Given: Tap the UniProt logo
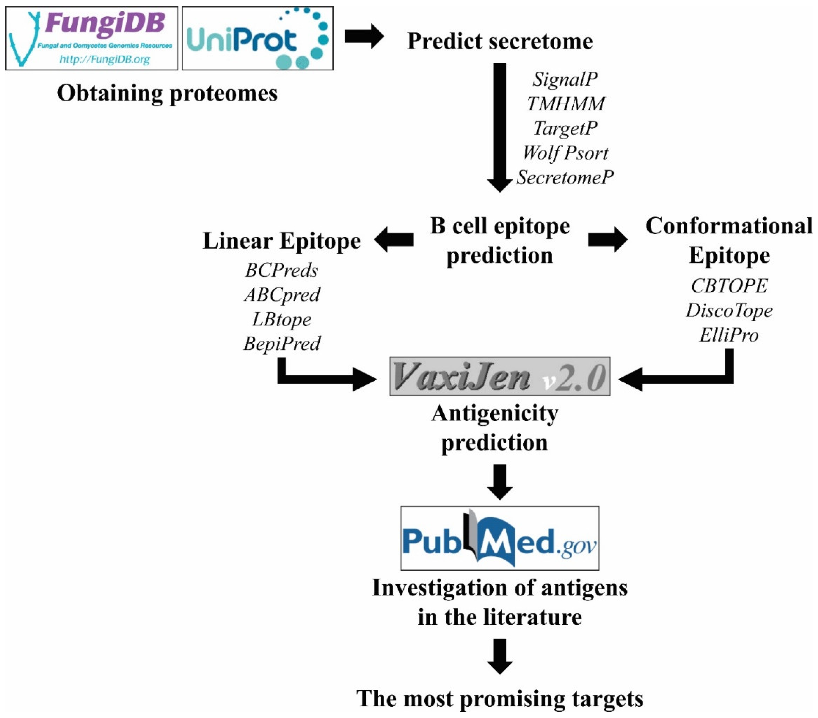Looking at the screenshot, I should [258, 39].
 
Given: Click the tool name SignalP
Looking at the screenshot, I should [565, 79].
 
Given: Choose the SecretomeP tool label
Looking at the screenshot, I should [564, 177].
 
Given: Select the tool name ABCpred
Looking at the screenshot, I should [282, 295].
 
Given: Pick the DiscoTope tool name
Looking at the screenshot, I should [729, 311].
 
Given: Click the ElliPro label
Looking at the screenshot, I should [729, 335].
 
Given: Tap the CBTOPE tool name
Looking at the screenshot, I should [729, 286].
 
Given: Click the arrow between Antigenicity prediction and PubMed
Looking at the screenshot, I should [500, 481].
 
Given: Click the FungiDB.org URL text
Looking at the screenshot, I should [104, 60].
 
